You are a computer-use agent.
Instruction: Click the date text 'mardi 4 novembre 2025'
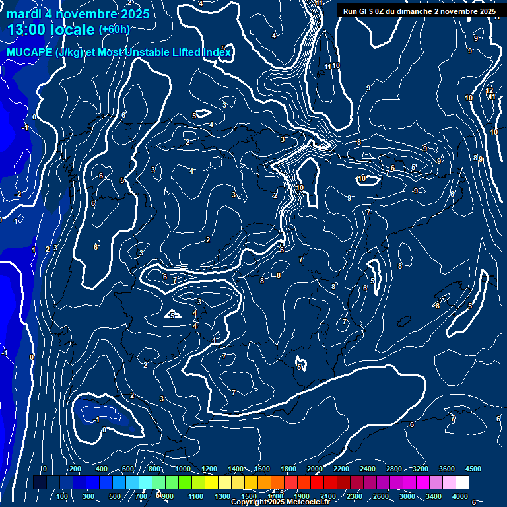78,14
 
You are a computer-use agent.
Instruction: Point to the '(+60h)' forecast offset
114,30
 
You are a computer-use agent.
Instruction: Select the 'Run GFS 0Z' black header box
420,11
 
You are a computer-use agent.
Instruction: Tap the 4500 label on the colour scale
473,469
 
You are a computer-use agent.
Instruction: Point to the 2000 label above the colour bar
315,469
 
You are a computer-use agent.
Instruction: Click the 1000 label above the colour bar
183,469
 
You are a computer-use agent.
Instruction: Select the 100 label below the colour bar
63,496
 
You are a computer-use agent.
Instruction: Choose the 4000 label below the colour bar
460,496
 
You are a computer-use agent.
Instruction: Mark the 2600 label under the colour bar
381,496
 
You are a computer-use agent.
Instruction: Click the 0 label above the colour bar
44,469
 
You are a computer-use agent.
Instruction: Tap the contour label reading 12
489,91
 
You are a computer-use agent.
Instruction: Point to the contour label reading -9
415,191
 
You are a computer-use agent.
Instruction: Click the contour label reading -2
18,194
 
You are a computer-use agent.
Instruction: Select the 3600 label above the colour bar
447,469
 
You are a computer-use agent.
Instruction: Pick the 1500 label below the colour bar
249,496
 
